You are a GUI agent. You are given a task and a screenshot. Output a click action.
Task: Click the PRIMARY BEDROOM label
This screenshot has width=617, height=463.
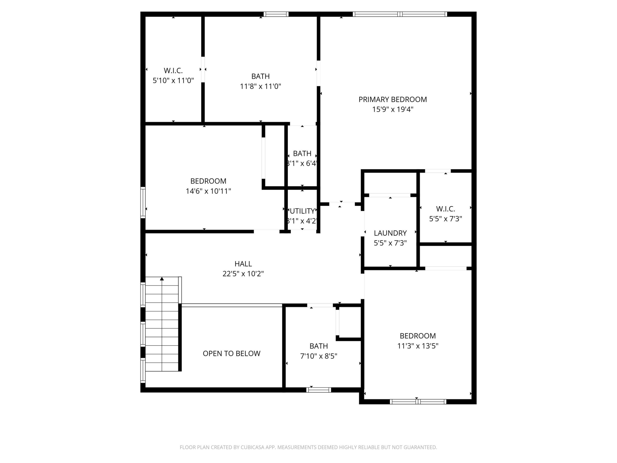392,99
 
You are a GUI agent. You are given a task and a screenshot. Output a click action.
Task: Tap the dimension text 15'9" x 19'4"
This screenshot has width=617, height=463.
392,109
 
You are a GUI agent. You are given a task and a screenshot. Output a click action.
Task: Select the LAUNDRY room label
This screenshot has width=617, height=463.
390,233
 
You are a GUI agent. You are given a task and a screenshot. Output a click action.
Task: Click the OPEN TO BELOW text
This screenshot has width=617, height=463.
232,354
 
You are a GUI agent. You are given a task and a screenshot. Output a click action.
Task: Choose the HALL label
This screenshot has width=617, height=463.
243,264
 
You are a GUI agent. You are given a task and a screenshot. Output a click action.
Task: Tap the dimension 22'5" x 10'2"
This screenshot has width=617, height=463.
243,274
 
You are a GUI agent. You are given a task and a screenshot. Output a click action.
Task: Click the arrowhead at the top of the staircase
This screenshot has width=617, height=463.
162,279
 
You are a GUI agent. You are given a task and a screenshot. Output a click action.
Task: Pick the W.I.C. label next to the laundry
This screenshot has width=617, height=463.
445,209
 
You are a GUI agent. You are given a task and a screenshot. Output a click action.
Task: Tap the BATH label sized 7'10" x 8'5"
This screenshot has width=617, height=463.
319,346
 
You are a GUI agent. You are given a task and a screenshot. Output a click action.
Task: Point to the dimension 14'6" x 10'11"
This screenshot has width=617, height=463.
208,191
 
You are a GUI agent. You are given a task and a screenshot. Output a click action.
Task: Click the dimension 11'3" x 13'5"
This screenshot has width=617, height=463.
418,346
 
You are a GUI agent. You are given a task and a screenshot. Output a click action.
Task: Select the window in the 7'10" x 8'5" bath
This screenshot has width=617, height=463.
319,390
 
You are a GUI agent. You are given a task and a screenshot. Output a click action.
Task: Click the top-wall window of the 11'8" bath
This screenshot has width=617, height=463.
276,14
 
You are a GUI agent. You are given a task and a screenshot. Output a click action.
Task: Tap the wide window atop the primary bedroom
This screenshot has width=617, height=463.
400,14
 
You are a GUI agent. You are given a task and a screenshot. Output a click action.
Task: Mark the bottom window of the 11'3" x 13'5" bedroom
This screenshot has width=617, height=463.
418,402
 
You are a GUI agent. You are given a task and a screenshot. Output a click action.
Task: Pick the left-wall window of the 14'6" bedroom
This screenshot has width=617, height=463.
143,203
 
